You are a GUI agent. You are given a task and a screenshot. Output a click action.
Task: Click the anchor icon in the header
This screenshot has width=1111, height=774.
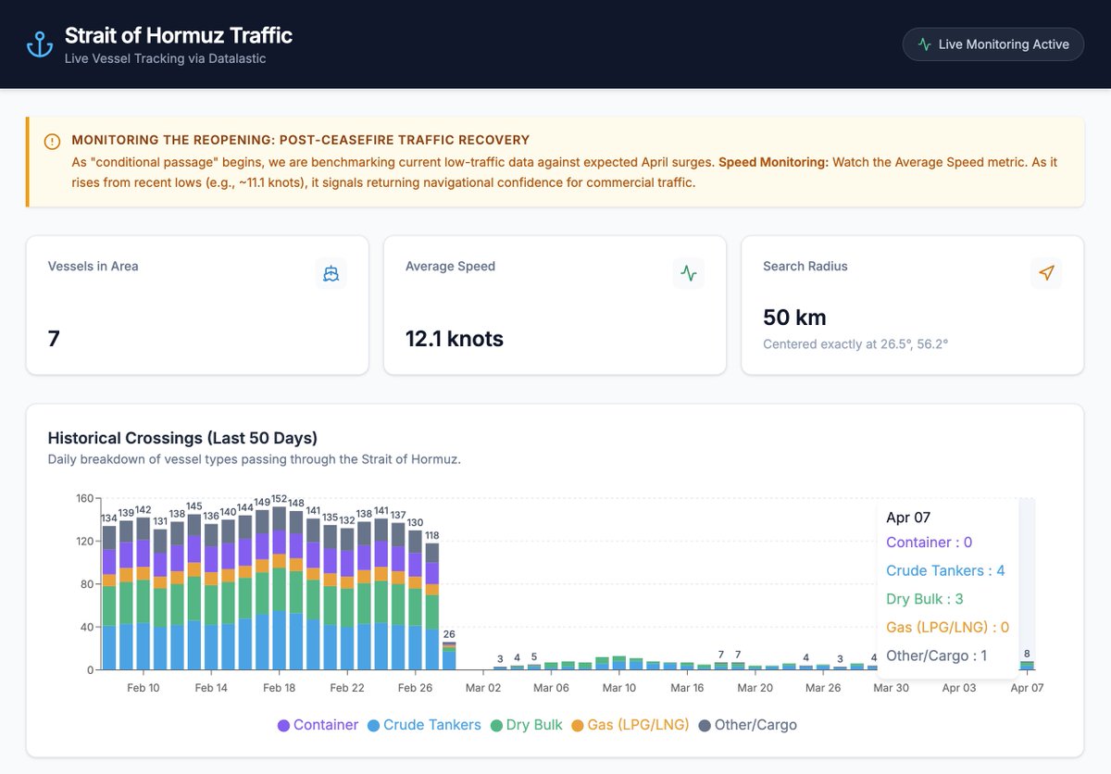pos(40,44)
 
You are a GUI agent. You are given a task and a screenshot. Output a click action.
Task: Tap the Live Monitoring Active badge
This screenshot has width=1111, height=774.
pos(992,44)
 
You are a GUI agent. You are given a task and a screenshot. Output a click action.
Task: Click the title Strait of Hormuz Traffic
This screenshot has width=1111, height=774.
pos(179,36)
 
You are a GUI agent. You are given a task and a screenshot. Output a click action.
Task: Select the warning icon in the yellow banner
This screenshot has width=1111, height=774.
pos(52,142)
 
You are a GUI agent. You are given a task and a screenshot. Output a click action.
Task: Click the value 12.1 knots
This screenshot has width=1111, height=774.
pos(455,339)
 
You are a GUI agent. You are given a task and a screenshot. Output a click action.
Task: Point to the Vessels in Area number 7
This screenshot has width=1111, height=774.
pos(54,339)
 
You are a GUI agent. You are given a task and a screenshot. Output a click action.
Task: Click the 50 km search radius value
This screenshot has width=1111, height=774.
pos(794,318)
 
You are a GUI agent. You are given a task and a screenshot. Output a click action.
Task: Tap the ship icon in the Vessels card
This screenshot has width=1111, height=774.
pos(331,273)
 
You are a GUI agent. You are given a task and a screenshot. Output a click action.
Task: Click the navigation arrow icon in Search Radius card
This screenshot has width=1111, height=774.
pos(1046,273)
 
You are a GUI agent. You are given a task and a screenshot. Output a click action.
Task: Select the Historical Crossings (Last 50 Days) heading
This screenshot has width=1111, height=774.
pos(182,438)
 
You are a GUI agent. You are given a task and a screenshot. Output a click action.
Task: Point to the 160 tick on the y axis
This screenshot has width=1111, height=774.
pos(84,498)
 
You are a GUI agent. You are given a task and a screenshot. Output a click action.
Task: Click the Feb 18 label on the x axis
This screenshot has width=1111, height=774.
pos(279,688)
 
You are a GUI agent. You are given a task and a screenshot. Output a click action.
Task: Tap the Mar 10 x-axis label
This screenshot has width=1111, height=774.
pos(618,688)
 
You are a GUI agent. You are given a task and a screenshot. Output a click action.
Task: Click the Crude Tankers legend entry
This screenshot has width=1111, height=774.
pos(424,725)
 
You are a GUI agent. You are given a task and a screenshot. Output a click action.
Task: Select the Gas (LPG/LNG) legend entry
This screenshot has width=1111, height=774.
pos(630,725)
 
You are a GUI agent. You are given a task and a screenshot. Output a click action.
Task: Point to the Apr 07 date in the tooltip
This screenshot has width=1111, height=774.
pos(907,518)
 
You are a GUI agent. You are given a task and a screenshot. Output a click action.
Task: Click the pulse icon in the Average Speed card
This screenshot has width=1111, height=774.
pos(689,273)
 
